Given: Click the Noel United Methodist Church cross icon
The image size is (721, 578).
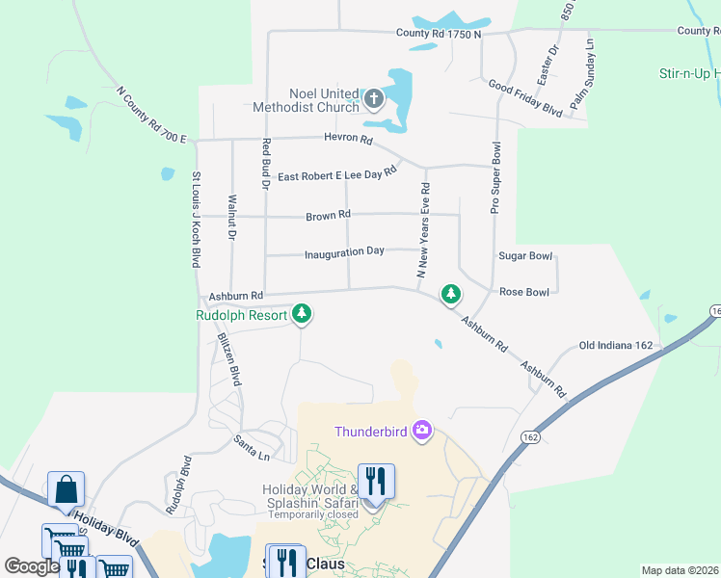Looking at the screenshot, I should [375, 98].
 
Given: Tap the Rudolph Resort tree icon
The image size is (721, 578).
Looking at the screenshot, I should [302, 314].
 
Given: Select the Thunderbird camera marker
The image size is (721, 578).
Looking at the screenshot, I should [421, 431].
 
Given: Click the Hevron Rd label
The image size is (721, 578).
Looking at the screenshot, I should [353, 140].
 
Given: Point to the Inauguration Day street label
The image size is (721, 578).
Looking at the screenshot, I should [344, 252].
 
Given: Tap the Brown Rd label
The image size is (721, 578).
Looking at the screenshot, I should [328, 216].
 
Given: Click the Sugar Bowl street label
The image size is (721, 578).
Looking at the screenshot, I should [525, 256].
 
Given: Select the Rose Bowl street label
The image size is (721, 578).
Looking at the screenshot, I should [523, 292].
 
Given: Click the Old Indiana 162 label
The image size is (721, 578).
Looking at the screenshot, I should [616, 345].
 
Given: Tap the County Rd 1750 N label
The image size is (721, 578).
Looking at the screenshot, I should [438, 34].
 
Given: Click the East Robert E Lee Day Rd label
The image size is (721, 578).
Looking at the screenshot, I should [336, 175].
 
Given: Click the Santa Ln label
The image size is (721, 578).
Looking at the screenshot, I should [252, 443].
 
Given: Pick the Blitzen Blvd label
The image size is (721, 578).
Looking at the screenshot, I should [229, 358].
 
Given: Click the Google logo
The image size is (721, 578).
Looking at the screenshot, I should [32, 566].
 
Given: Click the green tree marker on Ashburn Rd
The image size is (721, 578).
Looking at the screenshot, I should [450, 294].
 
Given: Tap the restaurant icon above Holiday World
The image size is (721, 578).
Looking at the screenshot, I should [375, 480].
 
